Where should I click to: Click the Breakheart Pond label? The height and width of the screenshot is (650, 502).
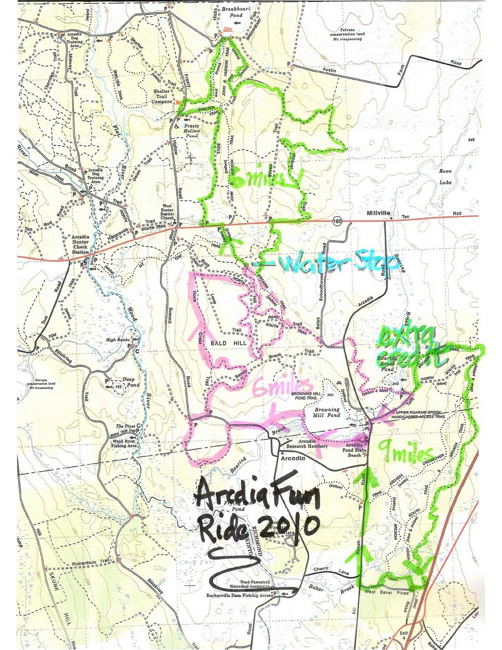click(x=236, y=12)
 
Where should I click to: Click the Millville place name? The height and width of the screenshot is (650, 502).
click(x=378, y=213)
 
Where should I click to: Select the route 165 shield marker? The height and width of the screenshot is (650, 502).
click(x=337, y=221)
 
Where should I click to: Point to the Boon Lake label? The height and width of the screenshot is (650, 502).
click(x=445, y=177)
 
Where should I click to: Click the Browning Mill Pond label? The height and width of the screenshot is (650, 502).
click(x=327, y=412)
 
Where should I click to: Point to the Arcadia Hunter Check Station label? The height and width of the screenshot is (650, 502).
click(x=80, y=244)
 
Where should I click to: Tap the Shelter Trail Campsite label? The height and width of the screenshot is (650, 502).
click(x=162, y=97)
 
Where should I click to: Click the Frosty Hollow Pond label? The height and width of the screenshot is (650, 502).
click(x=191, y=131)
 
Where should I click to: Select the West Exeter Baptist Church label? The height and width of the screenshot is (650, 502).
click(x=167, y=212)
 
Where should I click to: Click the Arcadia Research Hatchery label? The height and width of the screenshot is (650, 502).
click(x=307, y=444)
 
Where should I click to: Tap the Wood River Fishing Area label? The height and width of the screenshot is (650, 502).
click(x=124, y=443)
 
